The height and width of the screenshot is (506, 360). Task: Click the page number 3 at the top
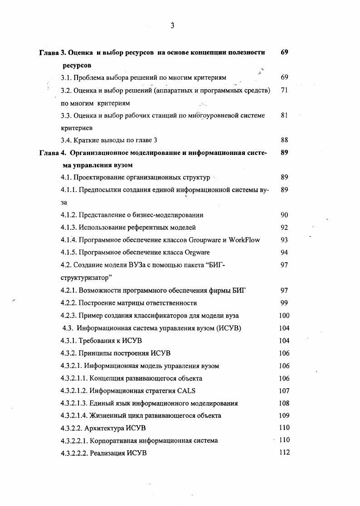(173, 26)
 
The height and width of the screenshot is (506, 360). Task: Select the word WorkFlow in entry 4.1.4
(245, 240)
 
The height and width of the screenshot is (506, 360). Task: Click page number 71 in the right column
(284, 90)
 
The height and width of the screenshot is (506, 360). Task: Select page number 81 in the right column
(284, 115)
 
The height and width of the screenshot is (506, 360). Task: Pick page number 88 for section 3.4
(284, 140)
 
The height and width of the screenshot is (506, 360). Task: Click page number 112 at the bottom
(284, 452)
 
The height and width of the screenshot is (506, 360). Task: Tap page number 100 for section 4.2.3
(284, 315)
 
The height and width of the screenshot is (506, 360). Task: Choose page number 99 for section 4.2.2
(284, 303)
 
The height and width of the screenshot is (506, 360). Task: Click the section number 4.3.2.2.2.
(73, 453)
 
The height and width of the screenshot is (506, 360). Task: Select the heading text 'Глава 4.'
(53, 153)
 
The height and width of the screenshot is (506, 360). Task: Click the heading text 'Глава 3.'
(53, 53)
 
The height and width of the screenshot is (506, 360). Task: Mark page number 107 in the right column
(284, 390)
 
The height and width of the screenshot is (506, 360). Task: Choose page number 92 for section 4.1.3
(284, 227)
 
